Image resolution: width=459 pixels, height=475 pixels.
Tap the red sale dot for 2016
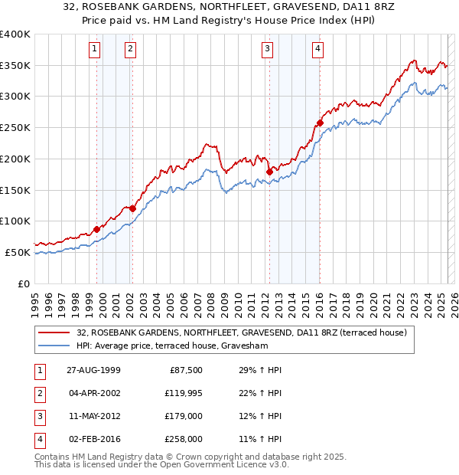[x=320, y=123]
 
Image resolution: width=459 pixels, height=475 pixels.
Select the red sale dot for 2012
[x=269, y=172]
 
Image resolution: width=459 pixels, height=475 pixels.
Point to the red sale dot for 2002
[x=132, y=208]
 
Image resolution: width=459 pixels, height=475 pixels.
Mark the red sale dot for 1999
[x=97, y=228]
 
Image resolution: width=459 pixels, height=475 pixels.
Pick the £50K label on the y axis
[x=18, y=252]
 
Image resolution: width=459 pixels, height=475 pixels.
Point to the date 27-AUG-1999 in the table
[x=93, y=370]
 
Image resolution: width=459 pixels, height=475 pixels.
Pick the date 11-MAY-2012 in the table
[x=93, y=416]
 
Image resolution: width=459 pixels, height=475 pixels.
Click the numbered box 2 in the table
[x=38, y=393]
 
